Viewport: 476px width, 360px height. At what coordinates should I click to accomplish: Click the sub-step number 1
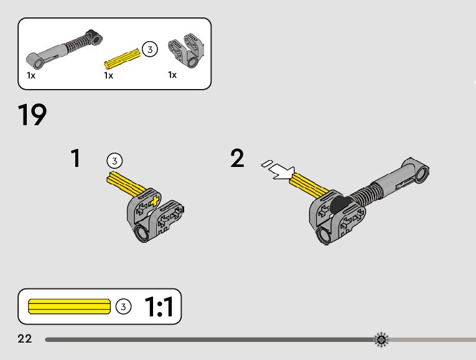(x=75, y=158)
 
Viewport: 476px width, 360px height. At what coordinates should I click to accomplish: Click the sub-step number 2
(x=237, y=158)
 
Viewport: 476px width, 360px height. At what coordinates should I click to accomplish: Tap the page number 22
(x=25, y=339)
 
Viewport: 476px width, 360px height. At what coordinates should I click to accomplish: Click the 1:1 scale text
(x=159, y=306)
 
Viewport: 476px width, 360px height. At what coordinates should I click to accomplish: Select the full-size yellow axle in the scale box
(x=69, y=306)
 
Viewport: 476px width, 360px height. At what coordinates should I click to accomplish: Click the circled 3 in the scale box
(x=124, y=306)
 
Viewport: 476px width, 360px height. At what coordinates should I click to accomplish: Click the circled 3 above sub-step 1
(x=114, y=160)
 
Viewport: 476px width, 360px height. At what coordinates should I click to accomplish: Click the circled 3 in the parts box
(x=149, y=49)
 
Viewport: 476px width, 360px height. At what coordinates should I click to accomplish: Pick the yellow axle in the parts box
(x=122, y=60)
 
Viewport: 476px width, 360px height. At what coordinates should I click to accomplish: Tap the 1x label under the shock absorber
(x=31, y=75)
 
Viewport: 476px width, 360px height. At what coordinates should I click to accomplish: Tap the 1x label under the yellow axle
(x=108, y=76)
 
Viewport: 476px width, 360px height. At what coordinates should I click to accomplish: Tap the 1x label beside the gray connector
(x=172, y=75)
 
